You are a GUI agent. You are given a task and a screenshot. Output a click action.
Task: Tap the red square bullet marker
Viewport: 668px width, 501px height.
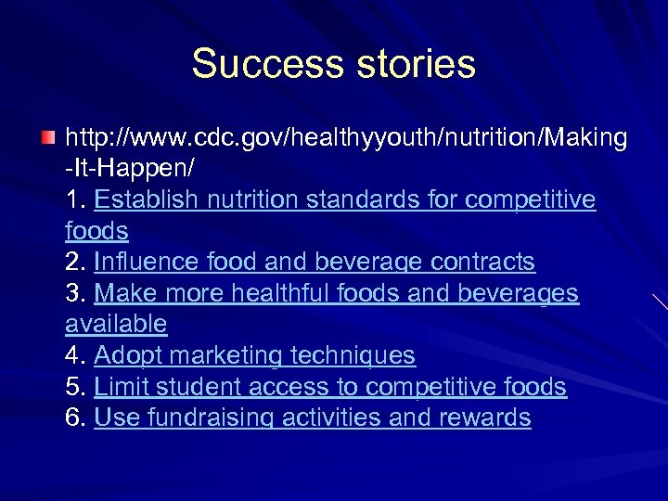coord(48,138)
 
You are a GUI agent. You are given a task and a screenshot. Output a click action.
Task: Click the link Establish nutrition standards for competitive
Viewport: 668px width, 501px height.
coord(345,200)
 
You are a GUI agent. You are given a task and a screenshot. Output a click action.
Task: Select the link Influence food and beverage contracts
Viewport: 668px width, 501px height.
coord(315,263)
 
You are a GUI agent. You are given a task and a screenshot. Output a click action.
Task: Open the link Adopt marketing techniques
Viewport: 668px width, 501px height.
coord(254,355)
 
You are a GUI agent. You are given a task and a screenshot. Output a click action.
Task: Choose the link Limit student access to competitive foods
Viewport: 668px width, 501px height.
coord(330,387)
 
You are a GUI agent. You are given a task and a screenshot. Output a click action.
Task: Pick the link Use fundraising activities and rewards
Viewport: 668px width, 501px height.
coord(313,417)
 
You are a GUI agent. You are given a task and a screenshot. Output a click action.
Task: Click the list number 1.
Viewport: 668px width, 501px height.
coord(74,200)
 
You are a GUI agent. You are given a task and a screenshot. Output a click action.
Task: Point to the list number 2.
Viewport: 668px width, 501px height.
coord(74,263)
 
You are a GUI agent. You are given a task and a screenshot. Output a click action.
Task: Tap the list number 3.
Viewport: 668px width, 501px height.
coord(74,294)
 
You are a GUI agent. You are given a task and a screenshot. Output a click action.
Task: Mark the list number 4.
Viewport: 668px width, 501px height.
coord(74,355)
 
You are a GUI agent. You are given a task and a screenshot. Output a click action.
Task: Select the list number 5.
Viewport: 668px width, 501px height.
coord(74,387)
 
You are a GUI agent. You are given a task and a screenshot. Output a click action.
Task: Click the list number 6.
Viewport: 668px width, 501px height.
coord(74,417)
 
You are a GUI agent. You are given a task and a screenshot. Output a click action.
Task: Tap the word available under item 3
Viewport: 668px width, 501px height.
coord(116,325)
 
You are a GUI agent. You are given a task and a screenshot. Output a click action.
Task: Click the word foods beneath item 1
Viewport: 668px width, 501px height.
coord(96,231)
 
